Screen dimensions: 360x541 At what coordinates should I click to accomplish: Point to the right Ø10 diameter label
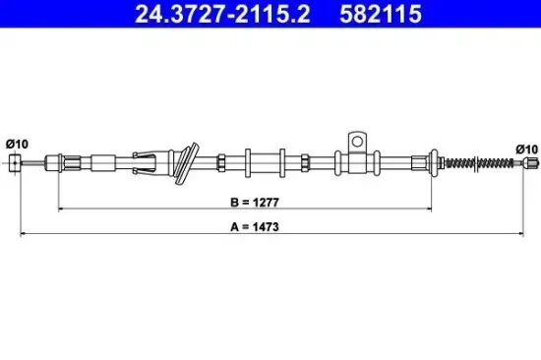(x=527, y=149)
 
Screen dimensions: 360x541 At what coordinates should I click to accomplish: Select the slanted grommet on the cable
(x=183, y=162)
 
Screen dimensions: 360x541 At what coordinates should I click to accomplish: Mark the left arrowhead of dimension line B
(x=61, y=209)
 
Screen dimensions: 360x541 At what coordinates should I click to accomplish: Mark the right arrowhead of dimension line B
(x=430, y=209)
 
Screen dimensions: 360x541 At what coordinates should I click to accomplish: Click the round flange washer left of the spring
(x=431, y=162)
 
